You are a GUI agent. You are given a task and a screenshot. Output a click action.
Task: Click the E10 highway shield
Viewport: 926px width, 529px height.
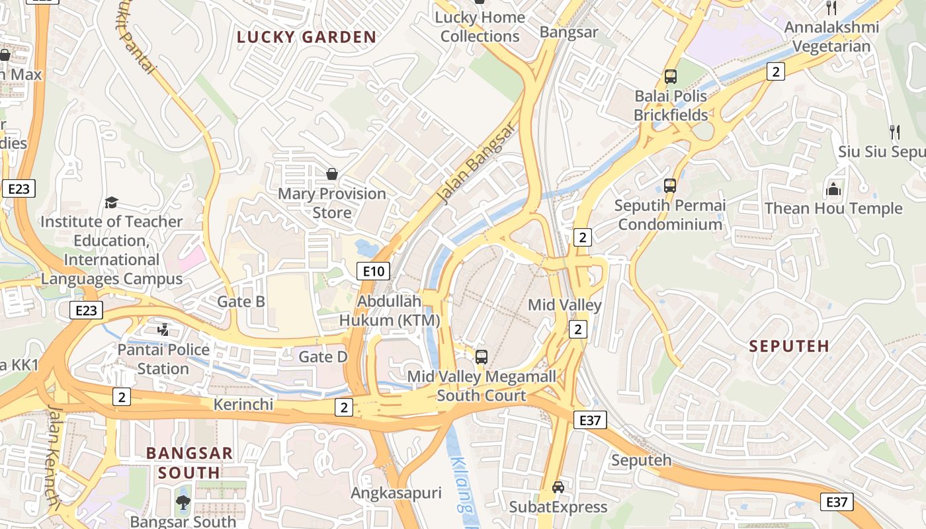(x=373, y=270)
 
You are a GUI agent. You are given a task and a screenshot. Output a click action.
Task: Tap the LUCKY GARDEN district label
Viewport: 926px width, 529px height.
(x=306, y=37)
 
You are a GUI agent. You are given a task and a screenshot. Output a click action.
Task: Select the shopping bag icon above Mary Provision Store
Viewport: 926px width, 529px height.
(x=332, y=174)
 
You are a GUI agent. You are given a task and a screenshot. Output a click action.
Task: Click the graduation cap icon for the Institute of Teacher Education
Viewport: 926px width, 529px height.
(x=111, y=202)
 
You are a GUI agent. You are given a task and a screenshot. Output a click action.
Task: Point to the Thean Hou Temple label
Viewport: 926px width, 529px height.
(x=833, y=208)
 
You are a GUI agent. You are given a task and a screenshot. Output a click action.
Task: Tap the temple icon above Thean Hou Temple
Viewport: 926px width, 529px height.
(x=833, y=190)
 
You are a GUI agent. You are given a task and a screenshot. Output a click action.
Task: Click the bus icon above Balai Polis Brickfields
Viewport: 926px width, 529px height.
(x=671, y=77)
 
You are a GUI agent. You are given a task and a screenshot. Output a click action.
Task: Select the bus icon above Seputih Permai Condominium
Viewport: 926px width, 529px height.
(x=670, y=186)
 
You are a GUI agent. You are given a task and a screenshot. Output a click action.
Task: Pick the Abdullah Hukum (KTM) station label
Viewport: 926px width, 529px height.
(x=390, y=311)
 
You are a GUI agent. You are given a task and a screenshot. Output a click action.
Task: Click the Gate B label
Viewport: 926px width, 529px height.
(x=241, y=302)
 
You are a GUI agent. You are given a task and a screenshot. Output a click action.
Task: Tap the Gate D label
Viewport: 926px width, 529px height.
(x=323, y=357)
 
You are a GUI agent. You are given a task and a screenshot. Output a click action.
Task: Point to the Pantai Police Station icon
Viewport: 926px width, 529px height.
(x=163, y=329)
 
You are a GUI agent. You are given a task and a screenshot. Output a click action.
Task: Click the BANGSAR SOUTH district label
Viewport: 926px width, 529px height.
(x=189, y=463)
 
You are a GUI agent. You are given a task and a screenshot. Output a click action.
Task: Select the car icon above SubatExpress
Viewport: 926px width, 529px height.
(x=558, y=487)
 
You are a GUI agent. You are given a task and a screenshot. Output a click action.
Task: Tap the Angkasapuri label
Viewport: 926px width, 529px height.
(x=396, y=493)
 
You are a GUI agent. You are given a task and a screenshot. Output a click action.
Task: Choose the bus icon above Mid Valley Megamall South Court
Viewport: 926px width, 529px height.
(x=482, y=357)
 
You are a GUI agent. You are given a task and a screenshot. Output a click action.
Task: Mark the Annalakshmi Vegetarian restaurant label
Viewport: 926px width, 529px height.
(x=831, y=37)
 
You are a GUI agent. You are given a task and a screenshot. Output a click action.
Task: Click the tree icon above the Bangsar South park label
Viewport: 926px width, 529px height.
(x=183, y=503)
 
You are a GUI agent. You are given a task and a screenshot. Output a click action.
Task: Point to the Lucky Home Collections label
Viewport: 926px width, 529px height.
(x=480, y=27)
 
